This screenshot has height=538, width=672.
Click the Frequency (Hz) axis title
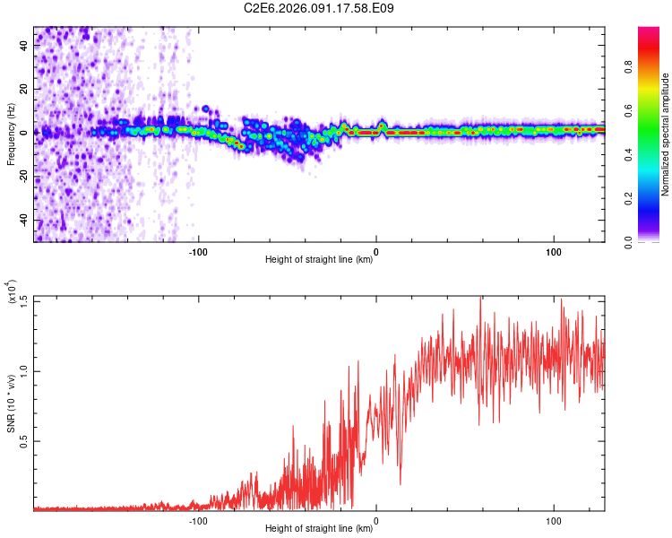12,134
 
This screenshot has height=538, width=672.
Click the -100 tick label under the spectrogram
198,252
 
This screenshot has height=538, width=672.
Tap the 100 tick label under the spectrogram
554,252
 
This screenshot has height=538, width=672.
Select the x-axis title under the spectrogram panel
319,260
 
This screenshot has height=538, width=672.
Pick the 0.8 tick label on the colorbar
630,65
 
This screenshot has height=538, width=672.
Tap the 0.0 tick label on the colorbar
630,240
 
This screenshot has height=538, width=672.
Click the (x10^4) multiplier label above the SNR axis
12,292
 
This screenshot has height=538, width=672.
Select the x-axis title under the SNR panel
319,529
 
